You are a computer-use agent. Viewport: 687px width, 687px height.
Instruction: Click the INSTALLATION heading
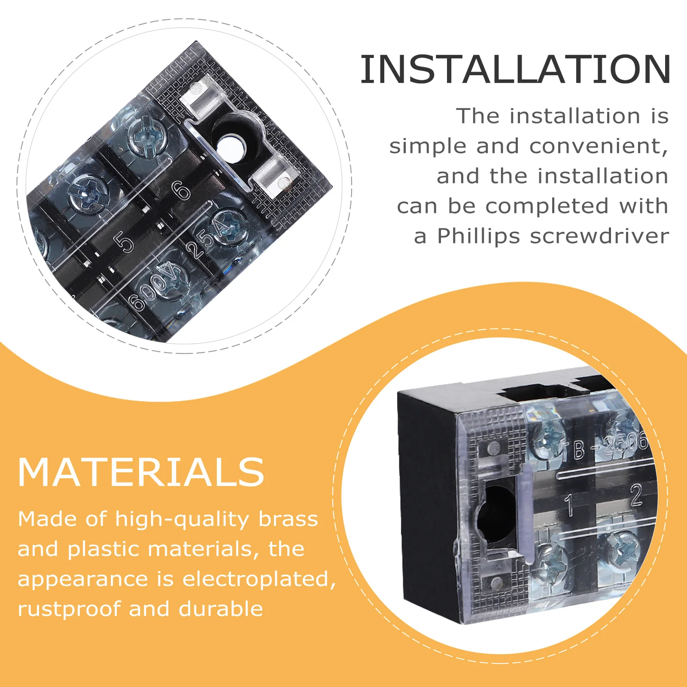[x=515, y=70]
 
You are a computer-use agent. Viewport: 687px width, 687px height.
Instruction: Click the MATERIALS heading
[x=141, y=472]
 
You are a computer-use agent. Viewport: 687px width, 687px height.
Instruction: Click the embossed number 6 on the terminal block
[x=182, y=190]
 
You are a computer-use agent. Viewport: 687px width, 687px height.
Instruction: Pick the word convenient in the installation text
[x=598, y=146]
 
